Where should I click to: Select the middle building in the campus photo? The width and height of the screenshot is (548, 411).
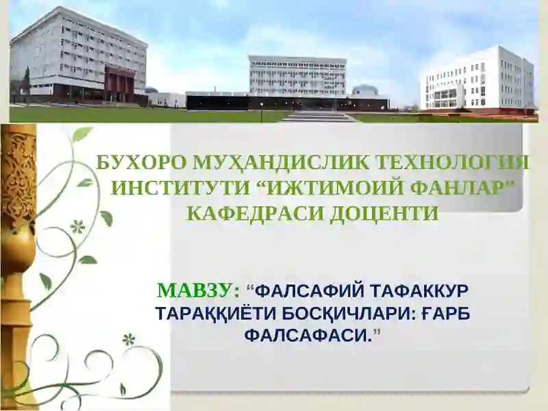tap(297, 75)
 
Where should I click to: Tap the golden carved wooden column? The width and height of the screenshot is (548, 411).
tap(18, 260)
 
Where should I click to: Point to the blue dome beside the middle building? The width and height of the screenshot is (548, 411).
tap(364, 90)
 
